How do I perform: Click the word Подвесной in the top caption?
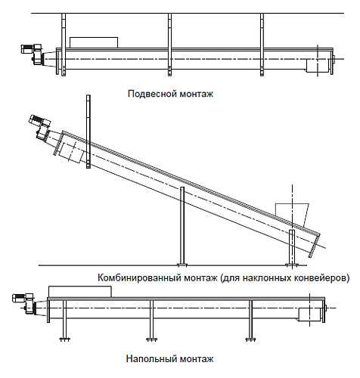pyautogui.click(x=152, y=94)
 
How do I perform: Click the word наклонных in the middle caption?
pyautogui.click(x=263, y=278)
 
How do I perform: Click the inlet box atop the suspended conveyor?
pyautogui.click(x=94, y=42)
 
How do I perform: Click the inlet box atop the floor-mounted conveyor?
pyautogui.click(x=80, y=292)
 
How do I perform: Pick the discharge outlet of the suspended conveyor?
pyautogui.click(x=318, y=66)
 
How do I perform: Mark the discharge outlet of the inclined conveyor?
pyautogui.click(x=71, y=153)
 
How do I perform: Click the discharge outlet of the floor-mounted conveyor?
pyautogui.click(x=310, y=314)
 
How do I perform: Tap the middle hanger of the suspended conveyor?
pyautogui.click(x=169, y=45)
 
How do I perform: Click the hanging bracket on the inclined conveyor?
pyautogui.click(x=88, y=132)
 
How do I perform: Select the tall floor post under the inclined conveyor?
pyautogui.click(x=182, y=226)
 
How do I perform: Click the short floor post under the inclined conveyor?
pyautogui.click(x=292, y=248)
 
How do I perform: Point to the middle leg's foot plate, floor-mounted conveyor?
pyautogui.click(x=151, y=339)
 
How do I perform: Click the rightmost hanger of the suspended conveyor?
pyautogui.click(x=262, y=45)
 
